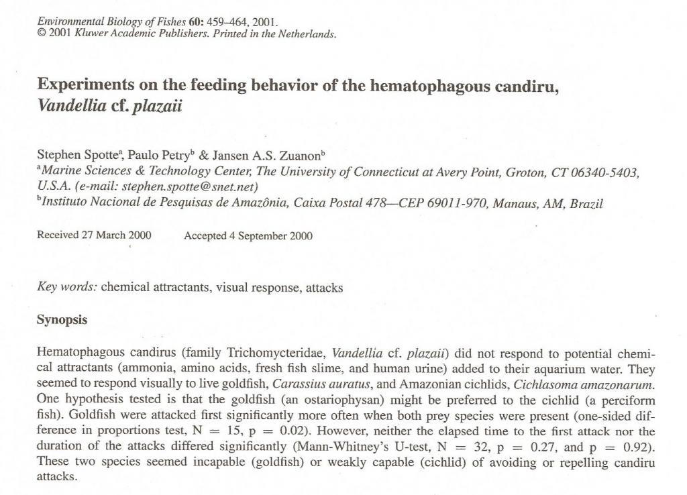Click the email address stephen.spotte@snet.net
pyautogui.click(x=190, y=186)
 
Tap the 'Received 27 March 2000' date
pyautogui.click(x=94, y=235)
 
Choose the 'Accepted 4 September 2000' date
pyautogui.click(x=248, y=235)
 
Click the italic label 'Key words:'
pyautogui.click(x=67, y=288)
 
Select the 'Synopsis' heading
pyautogui.click(x=62, y=320)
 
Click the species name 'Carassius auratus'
pyautogui.click(x=316, y=385)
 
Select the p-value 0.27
pyautogui.click(x=543, y=447)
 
